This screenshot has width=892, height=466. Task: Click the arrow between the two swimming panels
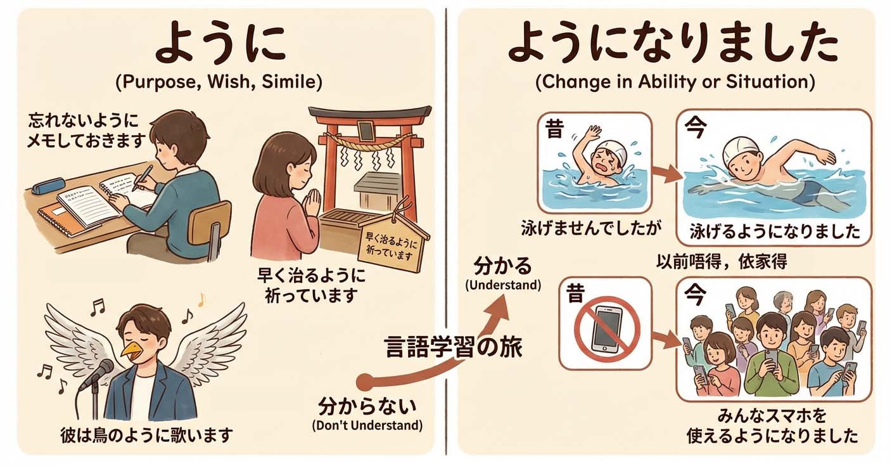point(666,174)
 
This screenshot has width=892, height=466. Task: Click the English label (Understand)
point(503,285)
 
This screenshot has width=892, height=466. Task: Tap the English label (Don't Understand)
point(367,425)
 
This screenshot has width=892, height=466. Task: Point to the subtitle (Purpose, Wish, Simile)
point(219,82)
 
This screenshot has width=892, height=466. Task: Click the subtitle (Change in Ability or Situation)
point(675,82)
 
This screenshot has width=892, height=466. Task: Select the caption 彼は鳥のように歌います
point(146,435)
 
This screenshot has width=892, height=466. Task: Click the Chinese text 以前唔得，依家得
point(722,262)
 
